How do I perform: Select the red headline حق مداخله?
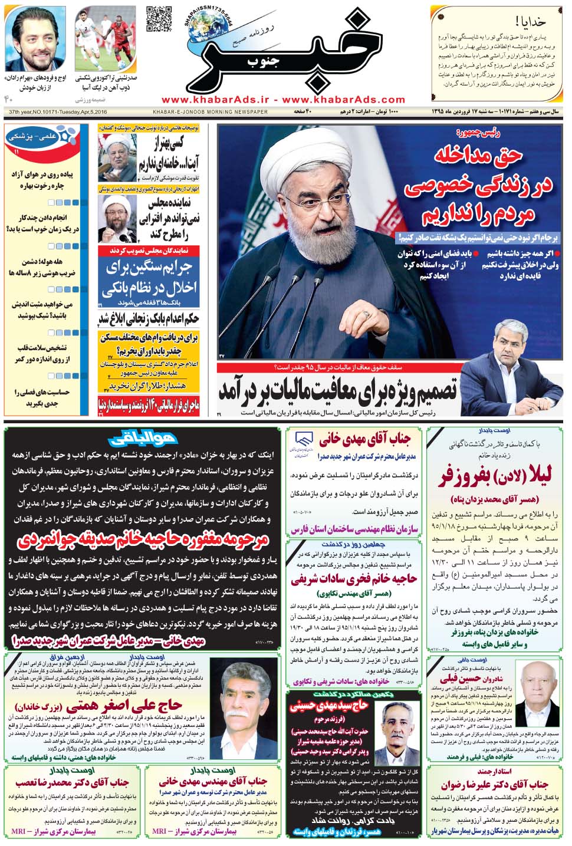(478, 156)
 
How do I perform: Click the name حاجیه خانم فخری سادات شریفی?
(354, 578)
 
